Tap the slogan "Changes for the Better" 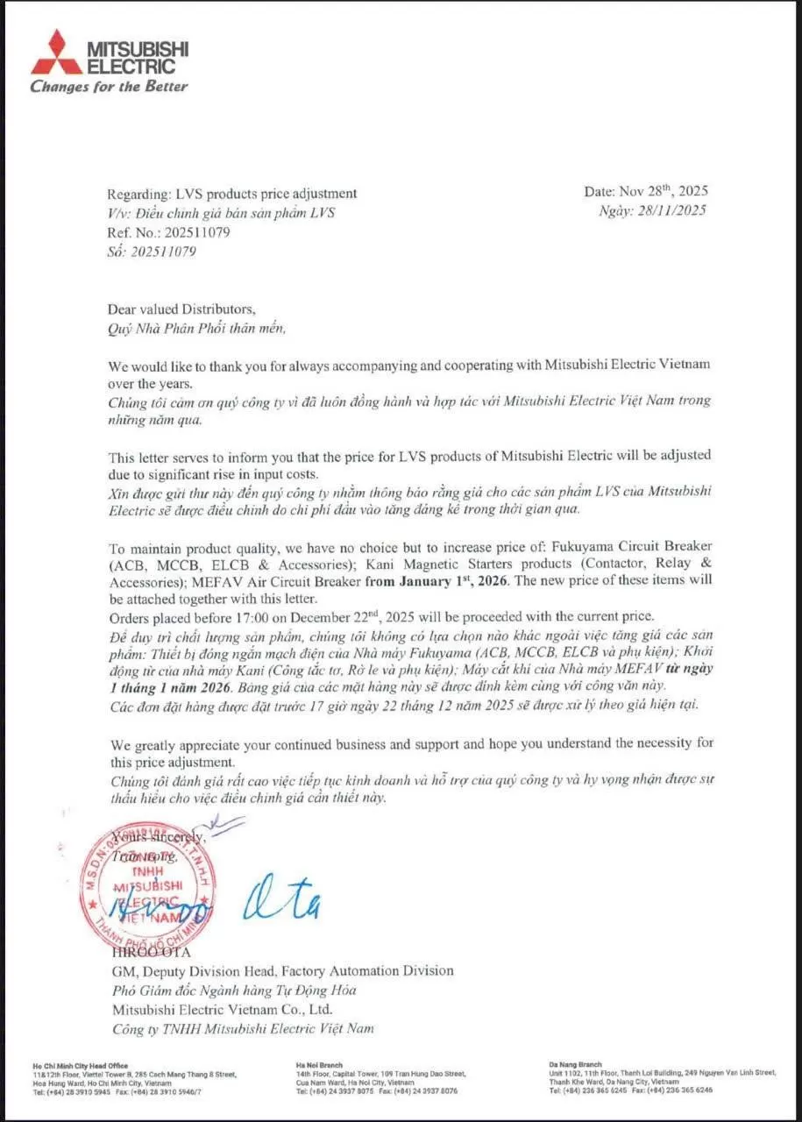[x=109, y=86]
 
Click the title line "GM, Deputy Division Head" [x=282, y=970]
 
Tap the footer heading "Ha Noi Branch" [x=319, y=1065]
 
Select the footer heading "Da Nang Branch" [x=573, y=1065]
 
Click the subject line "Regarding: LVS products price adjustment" [x=231, y=193]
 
